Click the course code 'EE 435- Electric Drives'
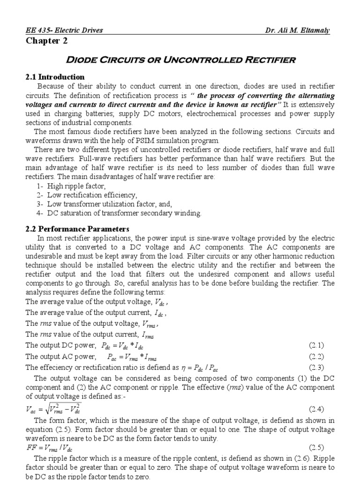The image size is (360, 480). (x=64, y=31)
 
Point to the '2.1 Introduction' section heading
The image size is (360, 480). (x=55, y=77)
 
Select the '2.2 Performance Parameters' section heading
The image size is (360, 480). (x=77, y=229)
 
